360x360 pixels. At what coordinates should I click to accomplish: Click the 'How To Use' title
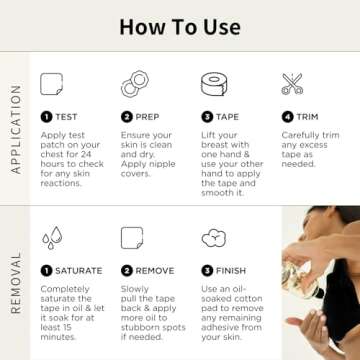coord(179,24)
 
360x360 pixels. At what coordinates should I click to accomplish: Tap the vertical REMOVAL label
coord(15,283)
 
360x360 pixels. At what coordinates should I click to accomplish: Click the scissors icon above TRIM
coord(292,84)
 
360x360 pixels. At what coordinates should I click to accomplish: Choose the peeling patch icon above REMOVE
coord(132,238)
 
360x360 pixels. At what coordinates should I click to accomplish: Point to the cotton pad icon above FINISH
coord(212,238)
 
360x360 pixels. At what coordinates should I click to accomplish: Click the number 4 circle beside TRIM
coord(287,117)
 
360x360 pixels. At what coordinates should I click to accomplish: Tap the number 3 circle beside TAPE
coord(208,117)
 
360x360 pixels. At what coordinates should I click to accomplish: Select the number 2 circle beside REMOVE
coord(127,271)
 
